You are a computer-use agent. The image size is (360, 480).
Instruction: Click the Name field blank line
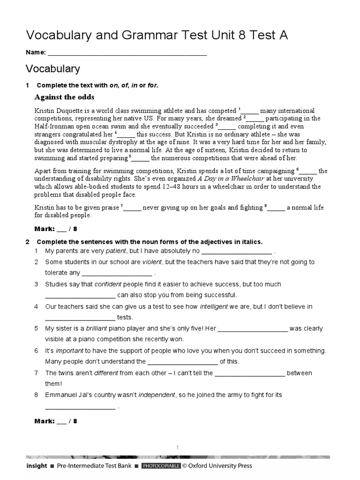coord(127,53)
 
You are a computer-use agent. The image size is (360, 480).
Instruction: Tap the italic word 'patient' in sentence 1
coord(116,251)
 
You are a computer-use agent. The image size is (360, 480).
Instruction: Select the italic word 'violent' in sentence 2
coord(152,262)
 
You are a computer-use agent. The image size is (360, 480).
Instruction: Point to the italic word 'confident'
coord(108,284)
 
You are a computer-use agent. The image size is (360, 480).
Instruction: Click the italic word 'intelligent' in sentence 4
coord(214,307)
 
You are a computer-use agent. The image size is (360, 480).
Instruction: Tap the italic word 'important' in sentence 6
coord(69,351)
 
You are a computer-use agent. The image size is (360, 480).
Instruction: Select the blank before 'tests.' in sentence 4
coord(80,318)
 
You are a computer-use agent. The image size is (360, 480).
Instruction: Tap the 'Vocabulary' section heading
coord(52,69)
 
